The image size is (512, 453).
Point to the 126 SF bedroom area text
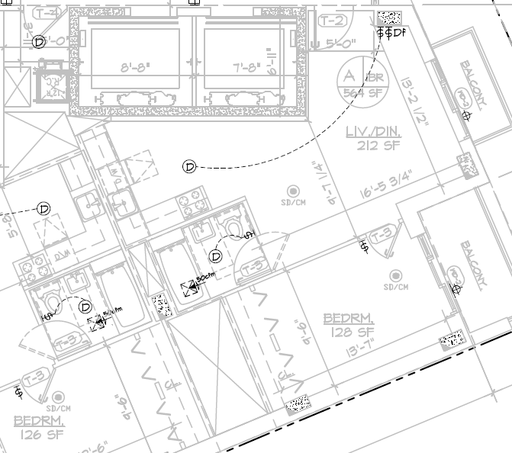38,435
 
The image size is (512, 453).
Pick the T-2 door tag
333,21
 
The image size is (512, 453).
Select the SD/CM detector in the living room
292,195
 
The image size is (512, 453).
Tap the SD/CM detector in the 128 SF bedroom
396,279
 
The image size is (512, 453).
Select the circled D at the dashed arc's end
189,166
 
